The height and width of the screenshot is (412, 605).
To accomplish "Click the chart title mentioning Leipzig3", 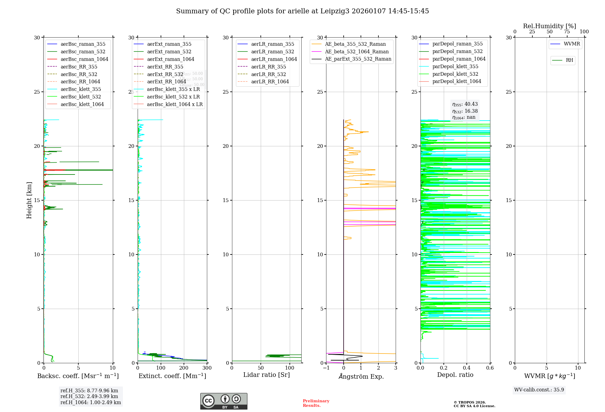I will coord(302,11).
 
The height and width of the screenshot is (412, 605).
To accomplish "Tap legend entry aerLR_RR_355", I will coord(268,67).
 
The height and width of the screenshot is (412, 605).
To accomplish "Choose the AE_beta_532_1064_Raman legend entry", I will coord(357,52).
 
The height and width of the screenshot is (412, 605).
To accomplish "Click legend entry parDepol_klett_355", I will coord(455,67).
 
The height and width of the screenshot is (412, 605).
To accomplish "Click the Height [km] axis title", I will coord(29,200).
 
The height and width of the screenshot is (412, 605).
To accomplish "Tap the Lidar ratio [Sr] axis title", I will coord(267,375).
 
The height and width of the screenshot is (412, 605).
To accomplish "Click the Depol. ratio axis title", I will coord(455,375).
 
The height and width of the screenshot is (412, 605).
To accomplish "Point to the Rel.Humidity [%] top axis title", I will coord(549,26).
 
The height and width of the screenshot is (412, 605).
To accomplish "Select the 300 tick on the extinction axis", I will coord(207,368).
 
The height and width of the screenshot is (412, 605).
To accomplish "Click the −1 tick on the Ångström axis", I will coord(326,368).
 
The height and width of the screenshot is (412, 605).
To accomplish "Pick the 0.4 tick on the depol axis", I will coord(467,368).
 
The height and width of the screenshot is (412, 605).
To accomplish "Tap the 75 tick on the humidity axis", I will coord(567,32).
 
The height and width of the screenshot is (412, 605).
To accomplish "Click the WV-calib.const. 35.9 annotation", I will coord(539,390).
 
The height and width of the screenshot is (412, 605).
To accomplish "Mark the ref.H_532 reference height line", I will coord(89,397).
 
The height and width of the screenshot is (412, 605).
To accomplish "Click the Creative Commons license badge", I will coord(224,401).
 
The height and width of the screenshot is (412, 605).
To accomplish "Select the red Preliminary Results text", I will coord(316,403).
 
